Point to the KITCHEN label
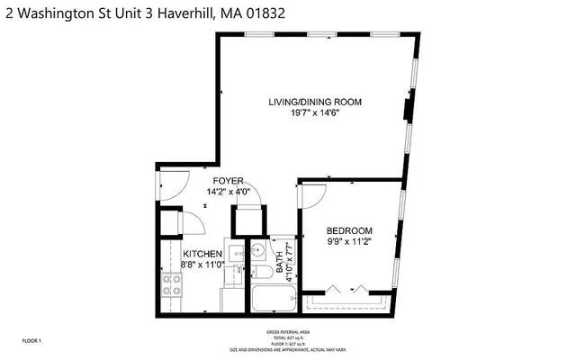pyautogui.click(x=202, y=255)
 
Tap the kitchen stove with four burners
pyautogui.click(x=171, y=286)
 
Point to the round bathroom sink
pyautogui.click(x=256, y=251)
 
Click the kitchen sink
pyautogui.click(x=231, y=253)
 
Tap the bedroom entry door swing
pyautogui.click(x=312, y=195)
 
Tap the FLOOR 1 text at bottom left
pyautogui.click(x=33, y=341)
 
